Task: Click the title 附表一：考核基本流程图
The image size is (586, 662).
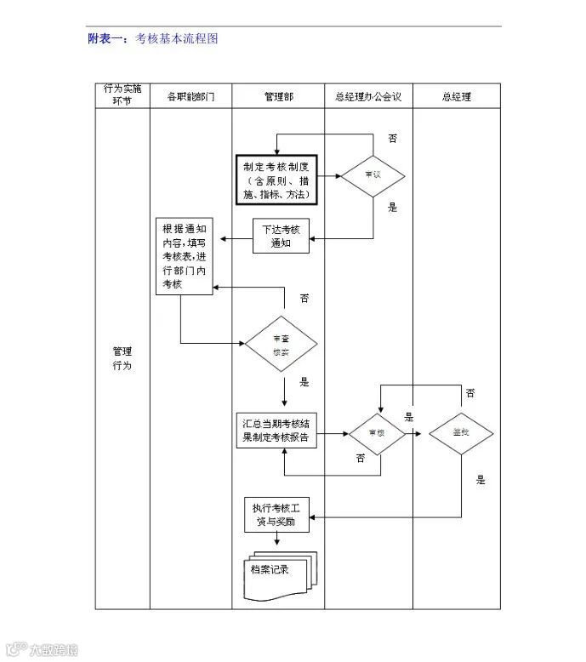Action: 153,38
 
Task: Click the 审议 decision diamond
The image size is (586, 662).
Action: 373,176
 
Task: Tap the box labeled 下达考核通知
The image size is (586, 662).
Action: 281,236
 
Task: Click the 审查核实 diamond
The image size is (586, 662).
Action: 282,344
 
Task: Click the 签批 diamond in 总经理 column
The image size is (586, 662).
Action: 461,432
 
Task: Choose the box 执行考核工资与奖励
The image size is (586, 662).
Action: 276,514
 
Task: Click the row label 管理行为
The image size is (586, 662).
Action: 122,358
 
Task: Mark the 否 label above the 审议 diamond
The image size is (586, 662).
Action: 392,138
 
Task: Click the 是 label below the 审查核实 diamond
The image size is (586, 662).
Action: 304,382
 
